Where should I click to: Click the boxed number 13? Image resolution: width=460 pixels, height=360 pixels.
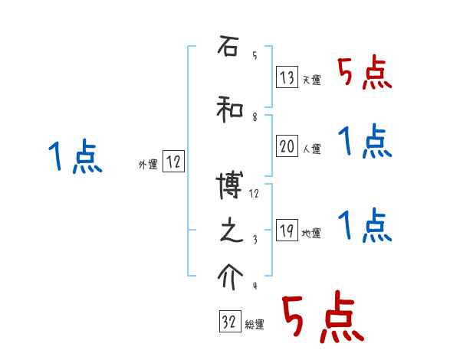coord(287,77)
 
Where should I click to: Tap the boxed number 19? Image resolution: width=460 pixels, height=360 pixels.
coord(287,231)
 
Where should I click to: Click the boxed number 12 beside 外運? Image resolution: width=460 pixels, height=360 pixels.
coord(173,162)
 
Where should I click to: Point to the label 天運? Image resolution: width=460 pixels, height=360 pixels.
coord(311,80)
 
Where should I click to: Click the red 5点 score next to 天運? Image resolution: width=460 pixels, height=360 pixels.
coord(365,74)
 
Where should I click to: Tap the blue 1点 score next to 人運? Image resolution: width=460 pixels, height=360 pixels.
coord(365,142)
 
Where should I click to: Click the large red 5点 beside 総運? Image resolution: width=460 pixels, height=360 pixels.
coord(322,318)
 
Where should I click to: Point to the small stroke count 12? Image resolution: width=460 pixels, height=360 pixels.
coord(255,194)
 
